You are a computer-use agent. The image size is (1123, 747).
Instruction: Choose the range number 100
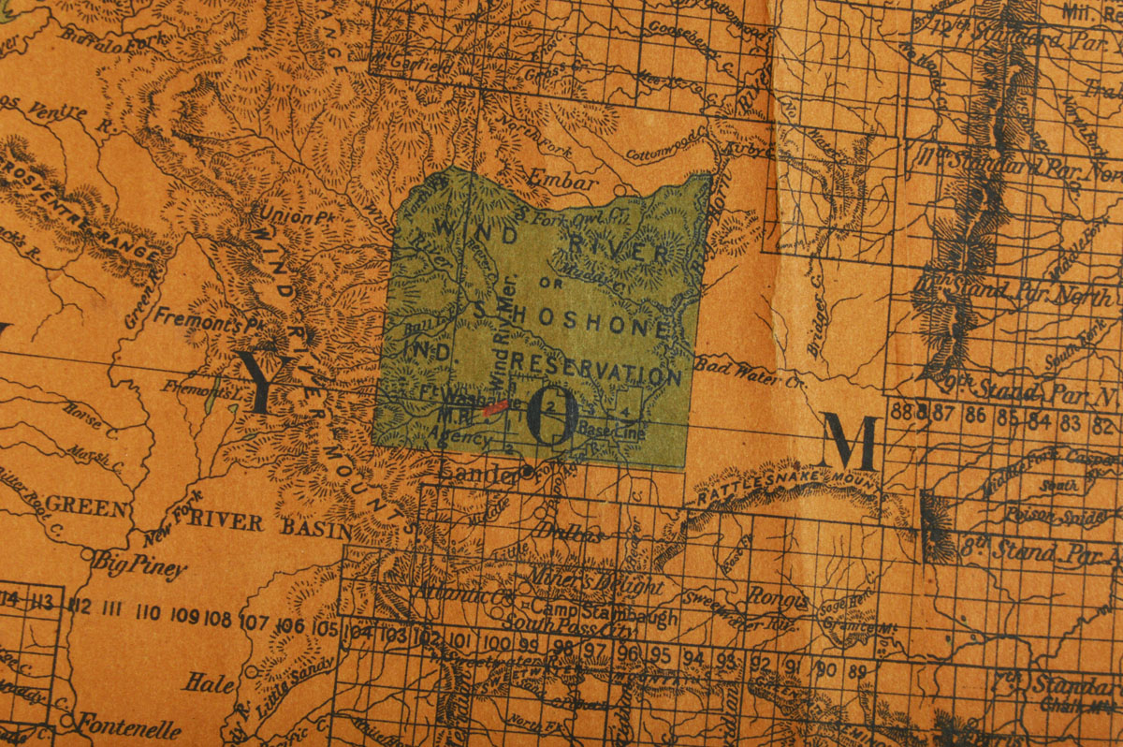click(498, 643)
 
